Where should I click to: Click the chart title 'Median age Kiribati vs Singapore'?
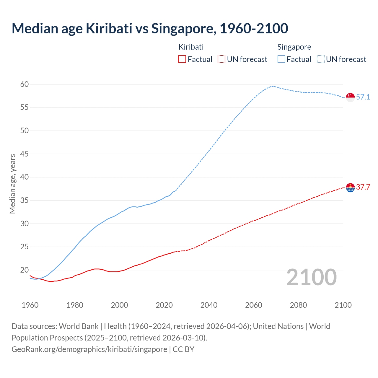point(150,28)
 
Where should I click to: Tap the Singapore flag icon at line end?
point(350,97)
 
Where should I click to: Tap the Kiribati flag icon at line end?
point(350,188)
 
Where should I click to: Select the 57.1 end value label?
point(363,97)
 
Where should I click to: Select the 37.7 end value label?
point(363,187)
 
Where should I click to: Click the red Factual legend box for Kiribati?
point(182,59)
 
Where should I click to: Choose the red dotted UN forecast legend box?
point(221,59)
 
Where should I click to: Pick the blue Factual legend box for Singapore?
point(281,59)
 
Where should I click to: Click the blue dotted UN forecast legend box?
point(321,59)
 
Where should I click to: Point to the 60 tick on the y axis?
point(25,84)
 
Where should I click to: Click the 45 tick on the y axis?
point(25,154)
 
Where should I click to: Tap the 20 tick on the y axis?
point(25,270)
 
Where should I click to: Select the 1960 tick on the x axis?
point(30,305)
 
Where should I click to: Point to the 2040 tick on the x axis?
point(209,305)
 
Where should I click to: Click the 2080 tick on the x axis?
point(298,305)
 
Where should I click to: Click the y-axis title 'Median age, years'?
point(12,184)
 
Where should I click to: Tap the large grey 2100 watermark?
point(311,277)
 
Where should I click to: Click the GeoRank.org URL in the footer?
point(89,349)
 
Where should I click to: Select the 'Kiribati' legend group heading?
point(191,47)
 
